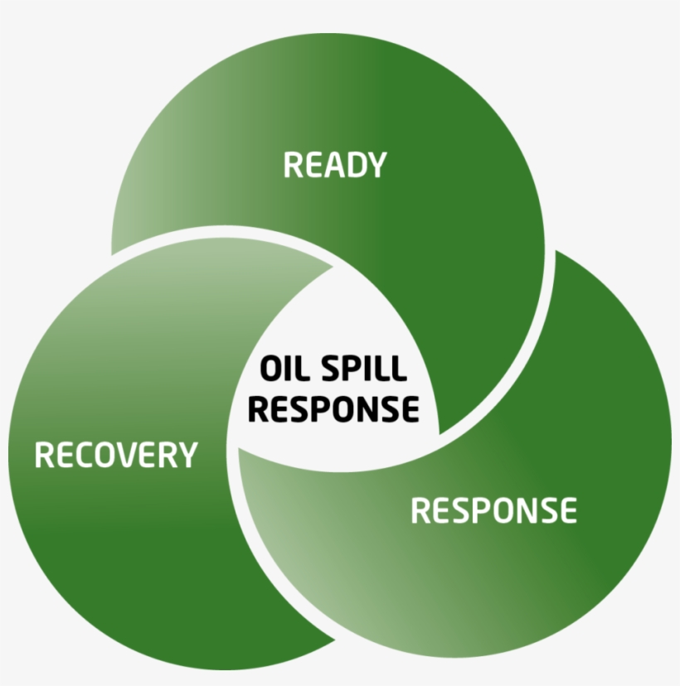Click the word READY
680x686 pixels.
tap(335, 165)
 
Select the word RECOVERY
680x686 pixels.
tap(116, 455)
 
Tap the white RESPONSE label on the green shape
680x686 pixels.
tap(493, 510)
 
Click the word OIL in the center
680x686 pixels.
tap(286, 368)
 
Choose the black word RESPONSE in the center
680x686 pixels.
tap(333, 408)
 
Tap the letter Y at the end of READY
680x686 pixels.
tap(377, 165)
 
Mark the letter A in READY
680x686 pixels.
tap(335, 165)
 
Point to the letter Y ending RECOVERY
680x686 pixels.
tap(187, 455)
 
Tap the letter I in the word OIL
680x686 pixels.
tap(291, 368)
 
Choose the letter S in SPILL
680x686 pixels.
tap(329, 368)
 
